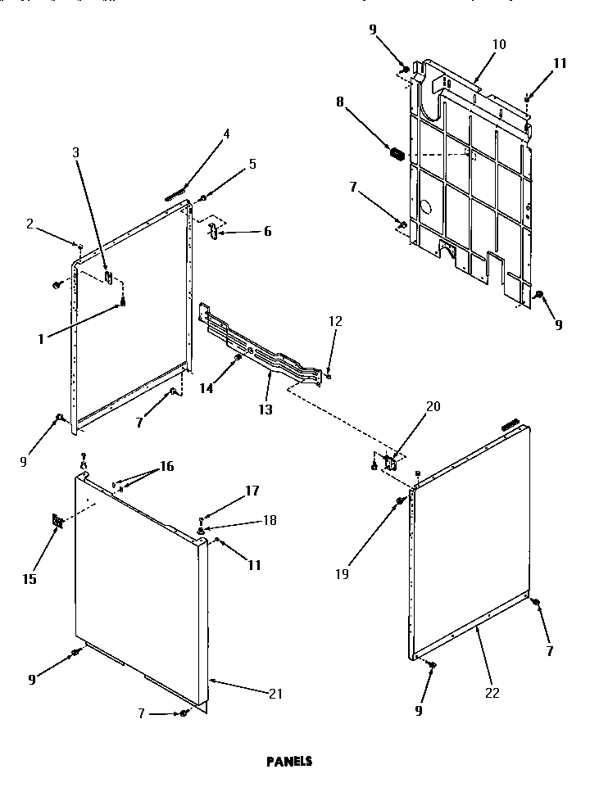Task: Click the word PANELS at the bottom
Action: (x=288, y=760)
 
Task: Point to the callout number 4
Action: (x=226, y=134)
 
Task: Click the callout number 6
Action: (x=266, y=232)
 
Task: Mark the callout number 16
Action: (x=167, y=466)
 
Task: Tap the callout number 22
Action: (x=492, y=693)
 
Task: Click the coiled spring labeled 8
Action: (x=397, y=153)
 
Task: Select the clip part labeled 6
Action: (x=211, y=230)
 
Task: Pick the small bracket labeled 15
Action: (x=57, y=521)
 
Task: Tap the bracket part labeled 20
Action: (x=390, y=463)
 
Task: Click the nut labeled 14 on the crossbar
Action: (x=238, y=357)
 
